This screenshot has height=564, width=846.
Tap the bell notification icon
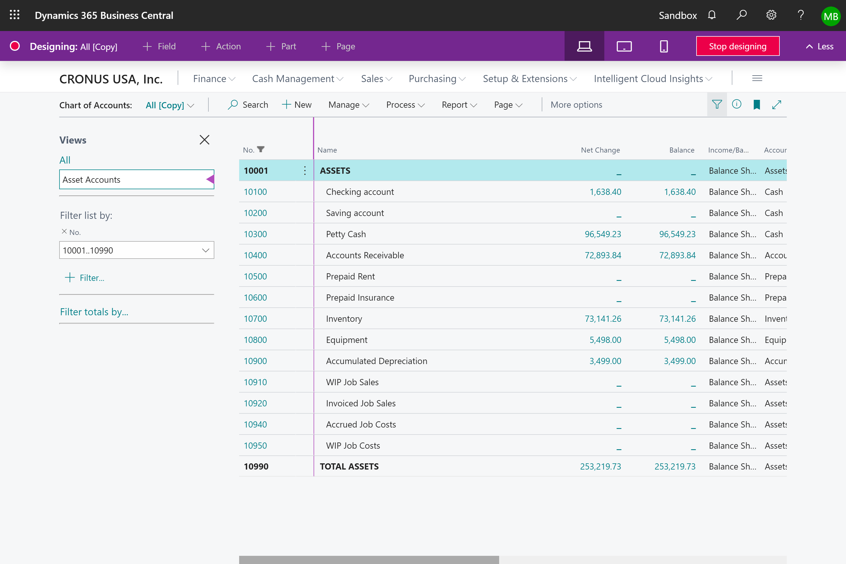point(711,15)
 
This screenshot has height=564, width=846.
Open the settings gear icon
point(771,15)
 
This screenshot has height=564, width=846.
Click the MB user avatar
point(830,16)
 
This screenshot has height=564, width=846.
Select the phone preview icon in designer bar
point(664,47)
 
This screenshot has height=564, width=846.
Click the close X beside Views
point(204,140)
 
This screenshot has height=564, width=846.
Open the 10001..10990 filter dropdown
point(205,250)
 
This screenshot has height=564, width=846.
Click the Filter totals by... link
point(94,312)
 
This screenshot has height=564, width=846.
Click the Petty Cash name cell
point(346,234)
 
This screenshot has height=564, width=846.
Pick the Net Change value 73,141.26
point(603,319)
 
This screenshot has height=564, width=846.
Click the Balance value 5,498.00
point(679,340)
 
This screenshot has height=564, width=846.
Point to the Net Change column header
point(600,150)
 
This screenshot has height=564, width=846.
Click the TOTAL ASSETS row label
point(349,466)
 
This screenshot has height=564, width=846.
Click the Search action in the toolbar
point(248,105)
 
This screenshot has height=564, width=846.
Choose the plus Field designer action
point(159,47)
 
